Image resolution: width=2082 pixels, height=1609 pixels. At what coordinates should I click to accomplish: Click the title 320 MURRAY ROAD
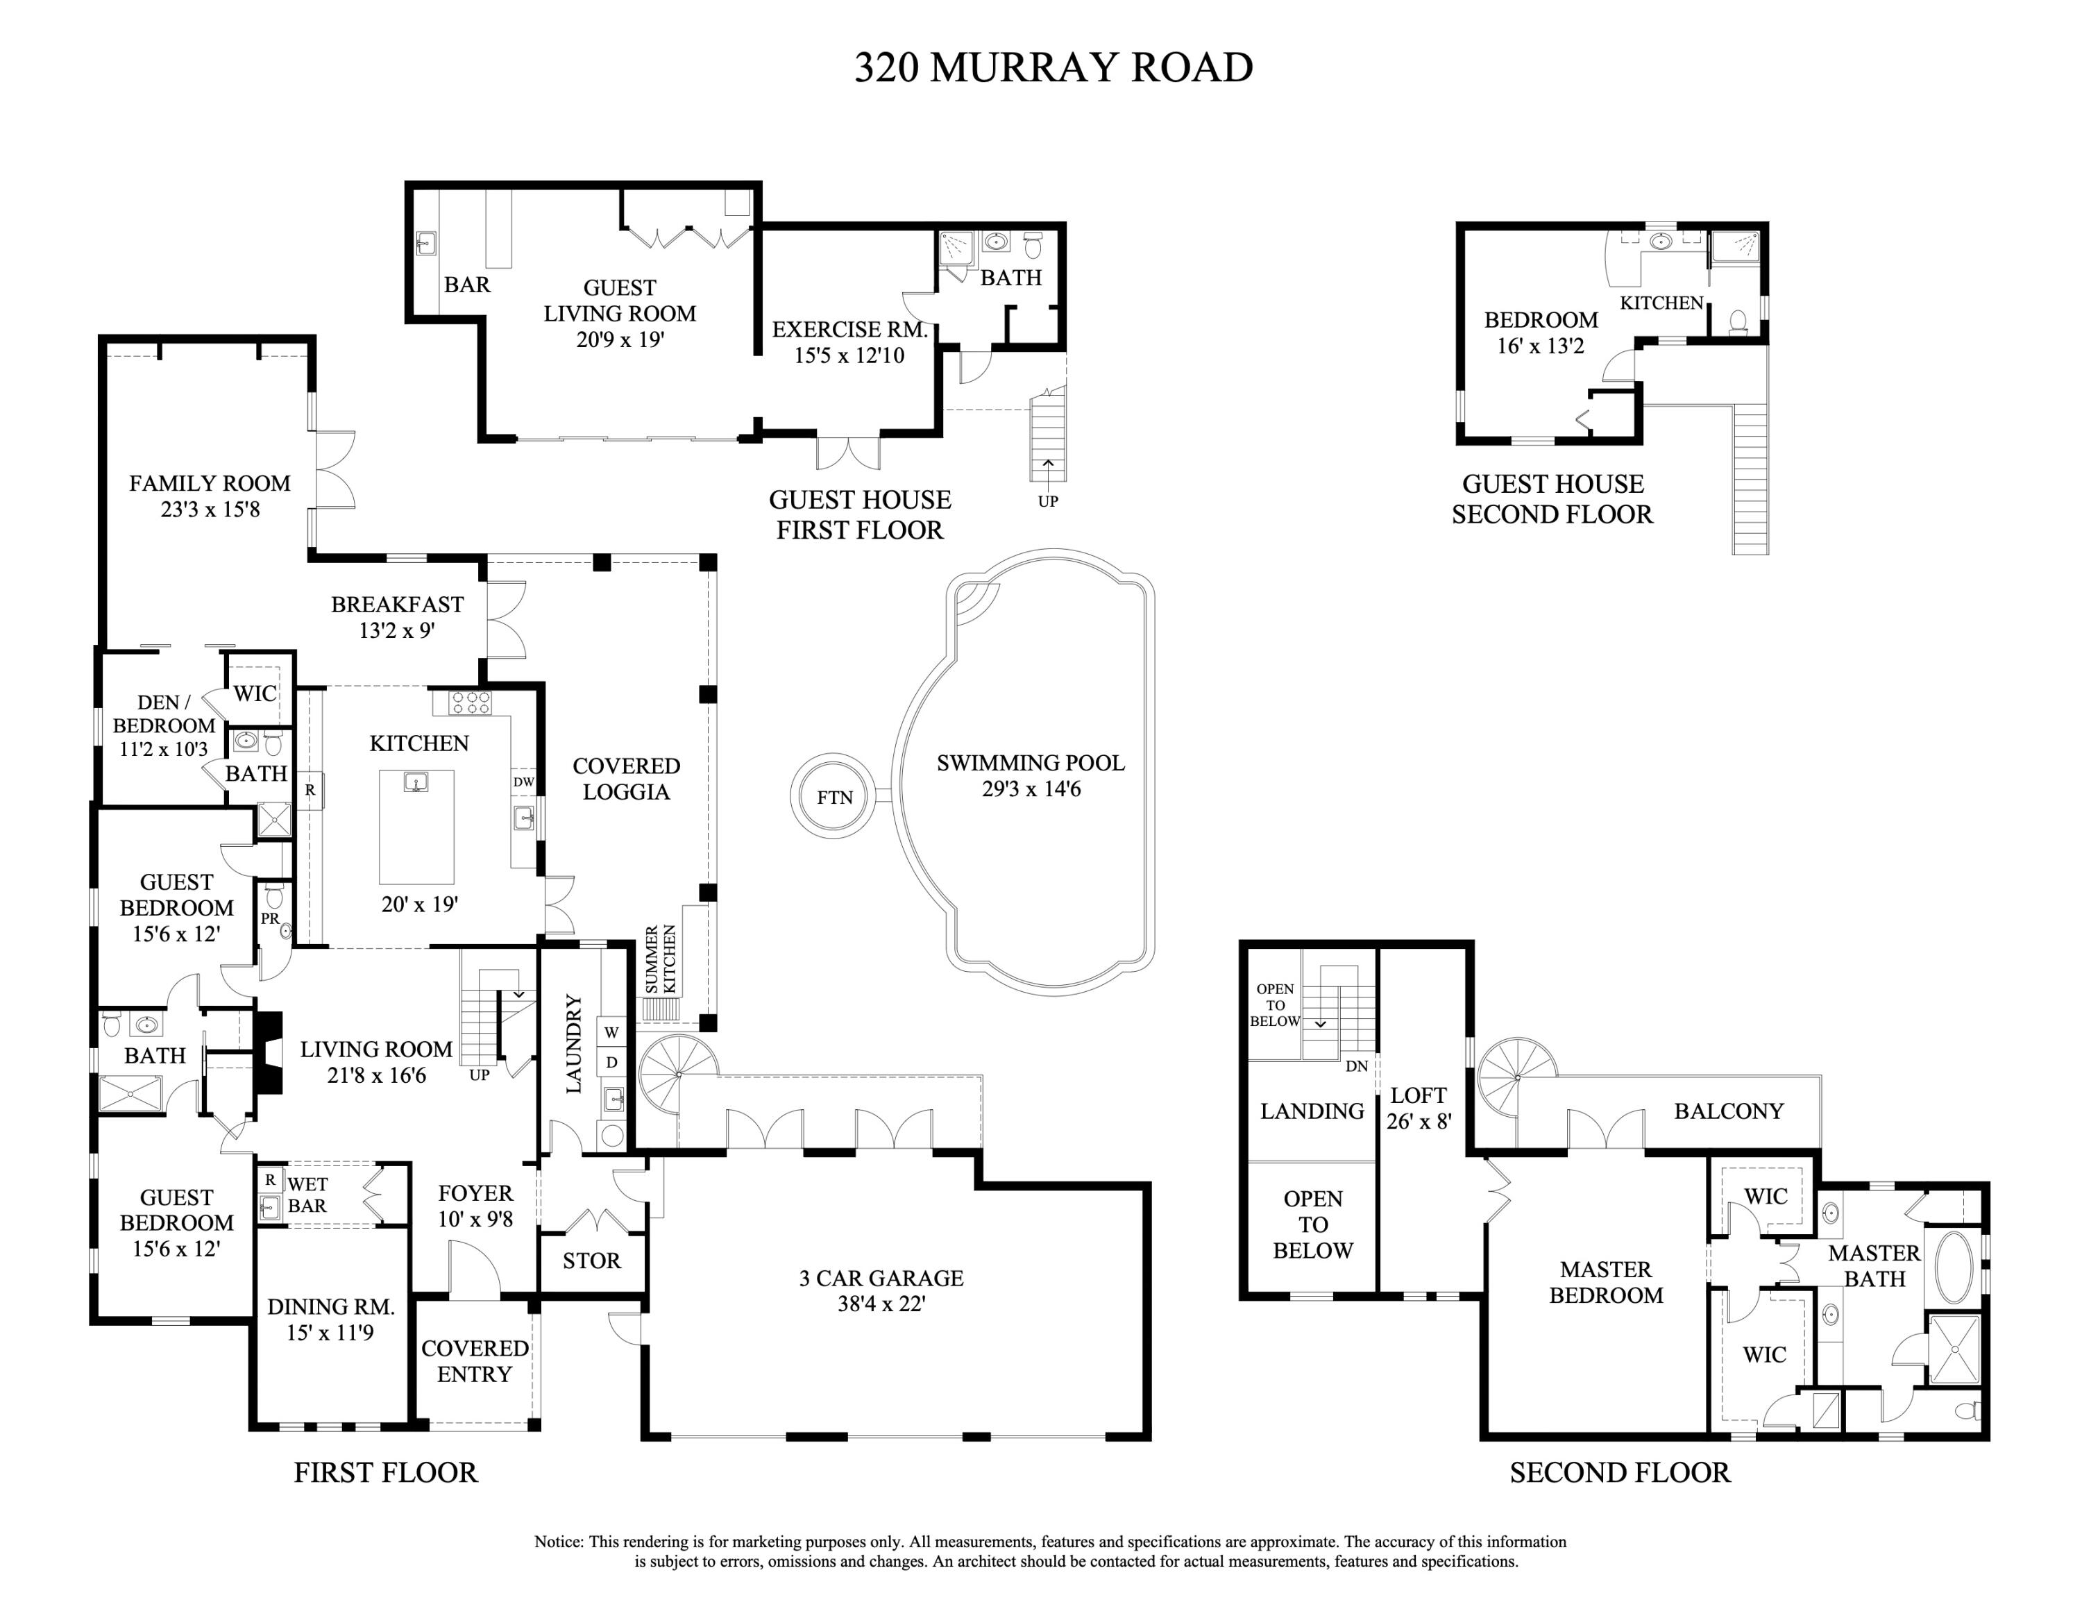(1052, 67)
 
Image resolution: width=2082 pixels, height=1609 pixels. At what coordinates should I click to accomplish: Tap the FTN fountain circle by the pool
(833, 797)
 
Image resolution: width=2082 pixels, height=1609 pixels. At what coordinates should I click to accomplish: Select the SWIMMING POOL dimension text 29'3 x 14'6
(1031, 789)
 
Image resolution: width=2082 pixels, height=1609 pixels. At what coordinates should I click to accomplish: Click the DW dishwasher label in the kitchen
(523, 782)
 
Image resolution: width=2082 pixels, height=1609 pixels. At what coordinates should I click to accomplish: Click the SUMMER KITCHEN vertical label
(661, 958)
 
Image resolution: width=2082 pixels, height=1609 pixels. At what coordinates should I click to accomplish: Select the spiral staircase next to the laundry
(678, 1075)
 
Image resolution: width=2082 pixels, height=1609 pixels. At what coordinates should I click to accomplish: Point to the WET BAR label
(307, 1195)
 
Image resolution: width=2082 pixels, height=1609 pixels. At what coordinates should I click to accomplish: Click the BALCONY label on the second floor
(1728, 1111)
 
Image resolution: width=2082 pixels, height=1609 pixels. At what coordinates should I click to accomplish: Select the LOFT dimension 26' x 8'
(1419, 1121)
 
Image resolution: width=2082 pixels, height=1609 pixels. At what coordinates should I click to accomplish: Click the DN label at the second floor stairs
(1357, 1065)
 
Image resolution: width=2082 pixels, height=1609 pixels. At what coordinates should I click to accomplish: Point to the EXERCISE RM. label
(849, 330)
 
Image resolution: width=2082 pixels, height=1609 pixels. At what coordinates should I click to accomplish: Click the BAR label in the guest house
(467, 284)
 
